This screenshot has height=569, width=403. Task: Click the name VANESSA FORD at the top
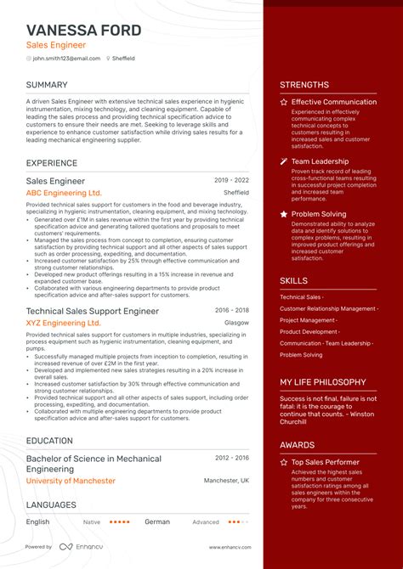click(83, 31)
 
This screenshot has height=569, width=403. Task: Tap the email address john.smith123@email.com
click(66, 59)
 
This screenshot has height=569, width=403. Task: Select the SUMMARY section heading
click(47, 85)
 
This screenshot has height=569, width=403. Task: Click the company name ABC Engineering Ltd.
click(64, 193)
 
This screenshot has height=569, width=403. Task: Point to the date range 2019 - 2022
click(231, 181)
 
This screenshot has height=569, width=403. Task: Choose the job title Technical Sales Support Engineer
click(92, 312)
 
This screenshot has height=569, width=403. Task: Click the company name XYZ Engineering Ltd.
click(63, 323)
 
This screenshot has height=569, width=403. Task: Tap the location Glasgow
click(237, 323)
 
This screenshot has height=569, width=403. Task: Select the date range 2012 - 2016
click(231, 458)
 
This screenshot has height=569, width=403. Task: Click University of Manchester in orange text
click(71, 481)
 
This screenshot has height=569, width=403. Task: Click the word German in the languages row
click(157, 521)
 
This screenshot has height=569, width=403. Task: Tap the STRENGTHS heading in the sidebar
click(304, 85)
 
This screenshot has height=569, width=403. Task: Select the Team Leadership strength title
click(320, 161)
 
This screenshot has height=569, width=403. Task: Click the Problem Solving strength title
click(318, 214)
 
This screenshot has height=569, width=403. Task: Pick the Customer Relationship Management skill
click(328, 308)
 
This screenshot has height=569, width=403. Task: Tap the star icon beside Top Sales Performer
click(285, 462)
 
